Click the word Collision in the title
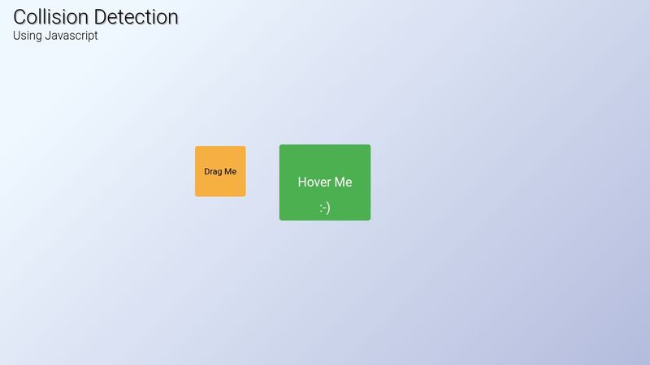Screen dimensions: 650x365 coord(50,17)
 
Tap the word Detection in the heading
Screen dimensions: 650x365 coord(136,17)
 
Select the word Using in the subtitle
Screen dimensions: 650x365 coord(28,36)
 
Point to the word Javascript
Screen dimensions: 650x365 coord(71,36)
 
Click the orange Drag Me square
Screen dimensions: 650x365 coord(220,171)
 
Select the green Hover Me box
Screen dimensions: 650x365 coord(325,182)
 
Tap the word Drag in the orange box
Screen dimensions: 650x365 coord(213,172)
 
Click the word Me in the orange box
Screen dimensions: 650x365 coord(231,171)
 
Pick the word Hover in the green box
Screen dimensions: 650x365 coord(313,182)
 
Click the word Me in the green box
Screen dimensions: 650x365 coord(342,182)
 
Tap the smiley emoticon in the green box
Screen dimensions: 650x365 coord(325,208)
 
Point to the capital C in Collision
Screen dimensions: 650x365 coord(19,17)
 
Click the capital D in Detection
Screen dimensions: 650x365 coord(100,17)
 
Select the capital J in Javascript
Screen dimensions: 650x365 coord(48,36)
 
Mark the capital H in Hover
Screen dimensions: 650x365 coord(302,182)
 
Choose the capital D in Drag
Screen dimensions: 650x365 coord(207,171)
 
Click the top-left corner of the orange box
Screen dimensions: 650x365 coord(195,146)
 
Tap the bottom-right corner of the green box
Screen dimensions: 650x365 coord(370,220)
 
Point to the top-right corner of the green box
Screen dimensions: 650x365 coord(370,144)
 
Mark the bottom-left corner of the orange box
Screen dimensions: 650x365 coord(195,196)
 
